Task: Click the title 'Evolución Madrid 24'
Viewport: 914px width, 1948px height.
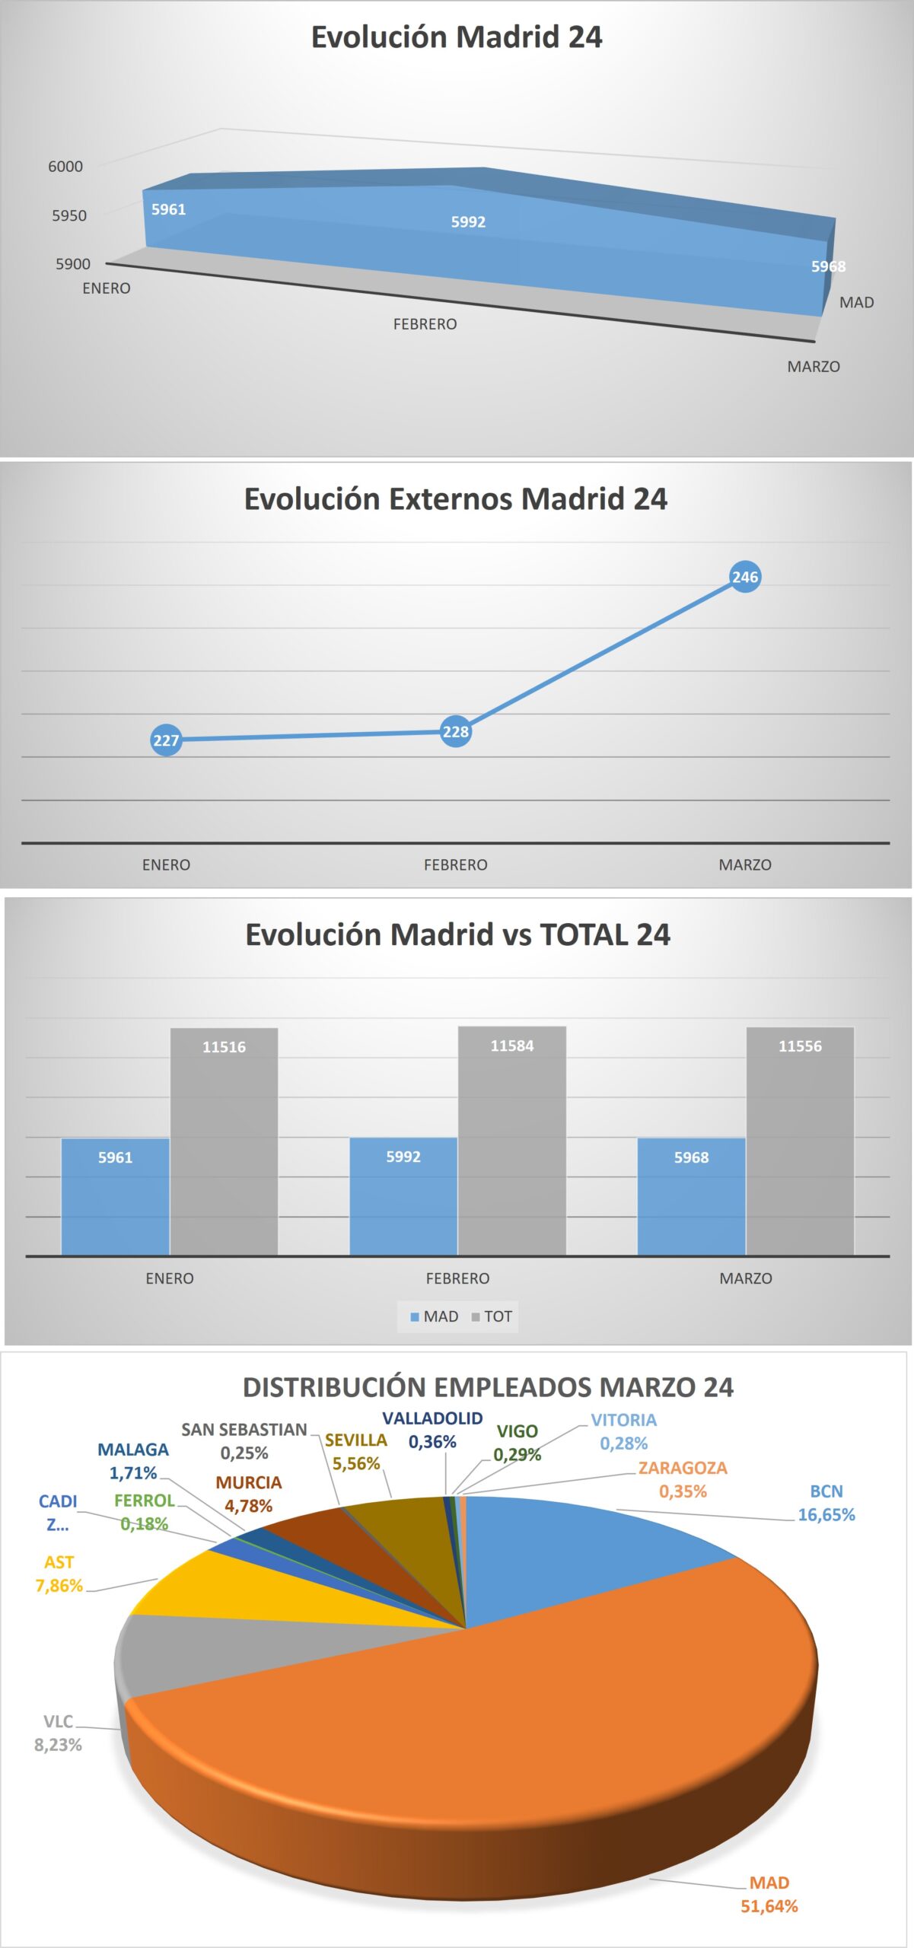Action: (457, 37)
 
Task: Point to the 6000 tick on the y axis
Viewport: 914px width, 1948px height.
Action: (65, 167)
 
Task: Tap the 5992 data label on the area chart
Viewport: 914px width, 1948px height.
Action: (468, 222)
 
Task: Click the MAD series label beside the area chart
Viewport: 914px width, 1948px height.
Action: (856, 303)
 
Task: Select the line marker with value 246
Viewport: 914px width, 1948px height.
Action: (745, 577)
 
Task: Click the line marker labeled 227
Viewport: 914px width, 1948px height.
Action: (166, 740)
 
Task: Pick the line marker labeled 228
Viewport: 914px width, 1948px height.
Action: (455, 732)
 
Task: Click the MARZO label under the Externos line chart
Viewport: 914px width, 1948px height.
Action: (745, 865)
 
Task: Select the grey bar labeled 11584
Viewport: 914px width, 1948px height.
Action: (512, 1141)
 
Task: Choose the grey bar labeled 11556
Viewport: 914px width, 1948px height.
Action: (800, 1141)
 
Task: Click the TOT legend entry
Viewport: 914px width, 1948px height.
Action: (492, 1316)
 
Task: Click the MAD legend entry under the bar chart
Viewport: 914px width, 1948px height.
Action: (435, 1316)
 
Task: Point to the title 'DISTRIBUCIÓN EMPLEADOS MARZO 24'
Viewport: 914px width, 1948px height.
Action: (488, 1387)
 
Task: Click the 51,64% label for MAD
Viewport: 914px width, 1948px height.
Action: (769, 1906)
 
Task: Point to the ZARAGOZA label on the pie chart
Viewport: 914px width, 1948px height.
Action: (683, 1468)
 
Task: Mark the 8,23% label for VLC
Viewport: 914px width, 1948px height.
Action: (58, 1745)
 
